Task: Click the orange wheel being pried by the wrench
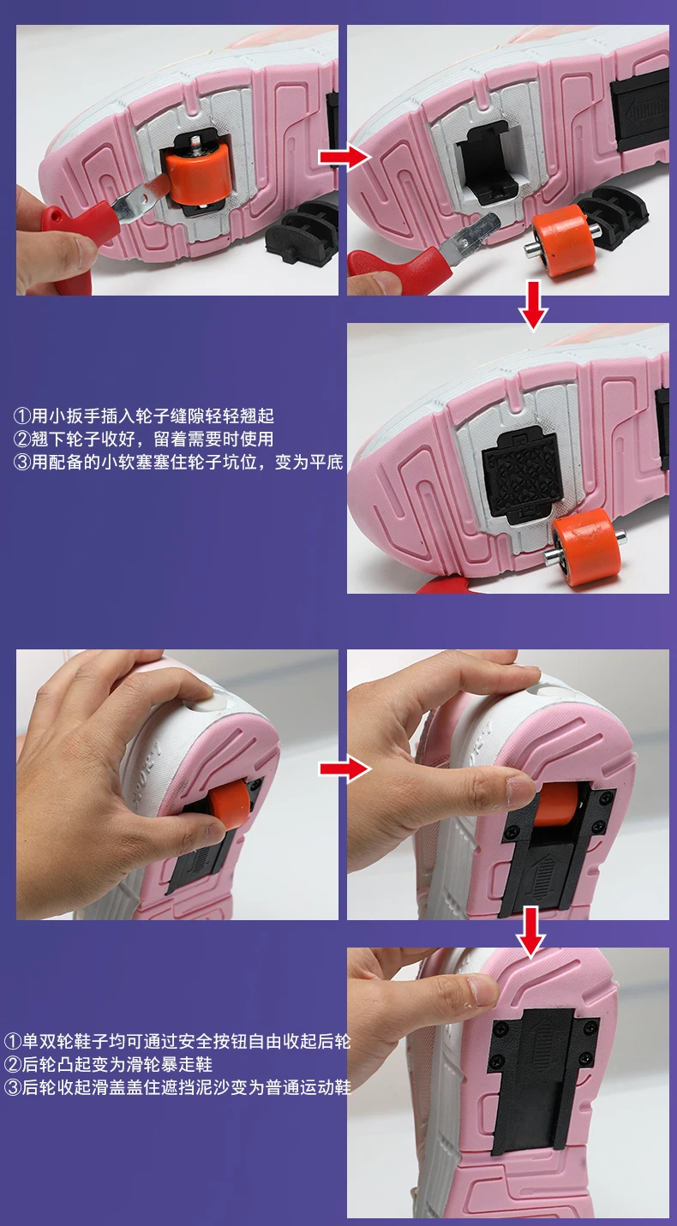(196, 172)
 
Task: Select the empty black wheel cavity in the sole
(488, 163)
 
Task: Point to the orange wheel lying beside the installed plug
(584, 545)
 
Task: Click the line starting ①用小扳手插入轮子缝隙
(143, 416)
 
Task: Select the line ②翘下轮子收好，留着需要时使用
(143, 439)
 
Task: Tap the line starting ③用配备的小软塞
(178, 463)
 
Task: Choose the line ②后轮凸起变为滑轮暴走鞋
(108, 1065)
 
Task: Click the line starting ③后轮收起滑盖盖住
(177, 1087)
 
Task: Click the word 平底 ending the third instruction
(327, 463)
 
